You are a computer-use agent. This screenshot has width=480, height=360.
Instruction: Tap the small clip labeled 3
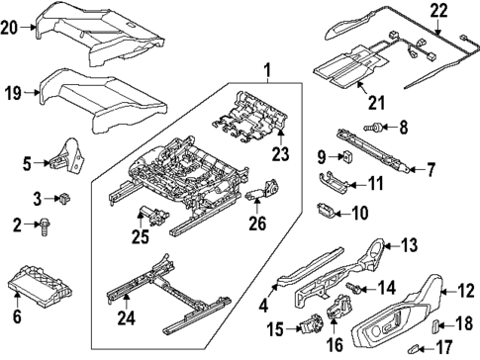(66, 196)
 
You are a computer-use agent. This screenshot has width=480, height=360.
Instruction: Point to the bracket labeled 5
(67, 152)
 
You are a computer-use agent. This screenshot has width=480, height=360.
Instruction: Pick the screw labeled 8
(377, 128)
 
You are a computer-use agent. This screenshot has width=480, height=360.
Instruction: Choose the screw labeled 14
(351, 287)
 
